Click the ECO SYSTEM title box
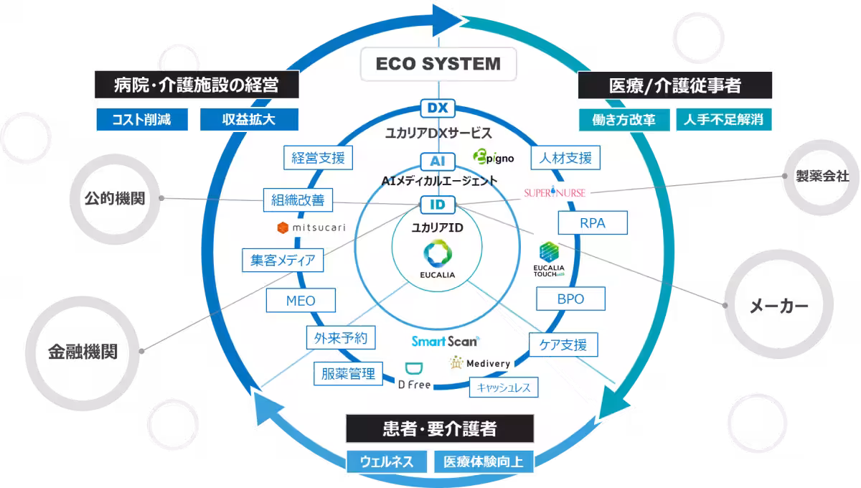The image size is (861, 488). click(x=438, y=64)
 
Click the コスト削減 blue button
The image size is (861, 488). click(x=141, y=119)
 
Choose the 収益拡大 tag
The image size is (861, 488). click(x=248, y=119)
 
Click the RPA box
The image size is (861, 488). click(x=593, y=223)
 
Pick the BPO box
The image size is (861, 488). click(x=570, y=299)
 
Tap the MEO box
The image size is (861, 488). click(x=301, y=301)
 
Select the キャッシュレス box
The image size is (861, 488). click(x=503, y=388)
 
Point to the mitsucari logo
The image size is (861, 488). click(x=311, y=227)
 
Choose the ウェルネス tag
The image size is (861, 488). click(x=387, y=461)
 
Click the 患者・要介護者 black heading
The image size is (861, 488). click(x=439, y=429)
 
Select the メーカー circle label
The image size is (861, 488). click(x=778, y=306)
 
